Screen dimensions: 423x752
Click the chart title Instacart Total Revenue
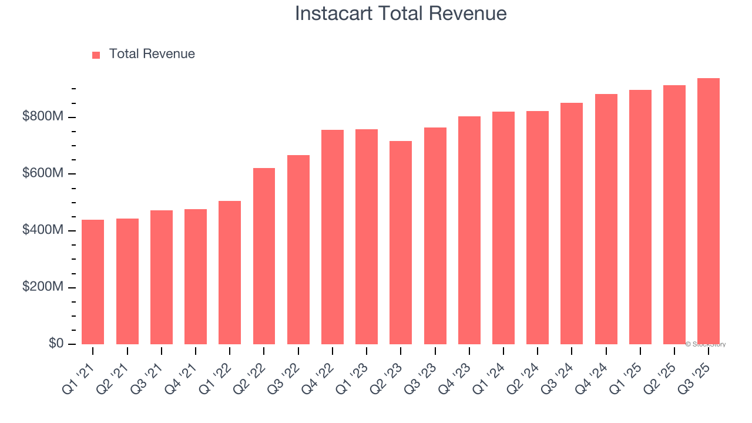(x=401, y=14)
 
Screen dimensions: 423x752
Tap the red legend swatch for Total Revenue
(x=96, y=55)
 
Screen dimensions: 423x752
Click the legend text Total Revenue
(x=152, y=54)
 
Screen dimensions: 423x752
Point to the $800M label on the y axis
(x=43, y=117)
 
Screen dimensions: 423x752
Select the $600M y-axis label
(x=43, y=173)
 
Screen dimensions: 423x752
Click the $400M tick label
(x=43, y=230)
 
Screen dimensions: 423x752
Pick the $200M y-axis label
(x=43, y=287)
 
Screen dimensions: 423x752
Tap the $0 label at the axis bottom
(x=56, y=343)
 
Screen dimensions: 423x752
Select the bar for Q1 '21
(x=93, y=282)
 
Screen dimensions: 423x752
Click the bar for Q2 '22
(x=264, y=256)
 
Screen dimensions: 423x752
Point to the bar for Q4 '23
(x=469, y=230)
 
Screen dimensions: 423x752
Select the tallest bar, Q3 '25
(x=709, y=211)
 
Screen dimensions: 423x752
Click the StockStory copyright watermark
(x=706, y=344)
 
